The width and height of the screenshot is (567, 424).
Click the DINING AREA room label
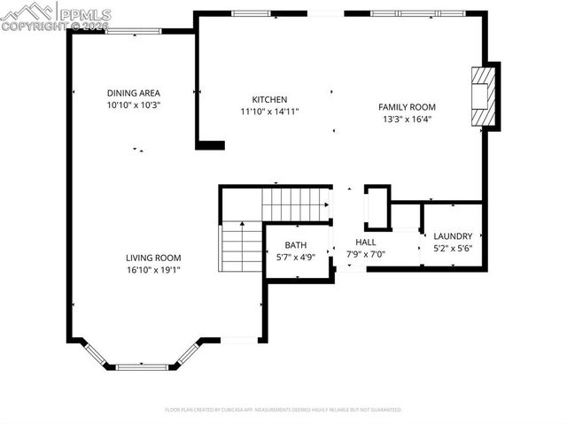[x=133, y=93]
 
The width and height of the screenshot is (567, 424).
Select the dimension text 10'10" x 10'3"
[x=133, y=104]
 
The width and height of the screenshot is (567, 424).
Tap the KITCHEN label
[x=269, y=100]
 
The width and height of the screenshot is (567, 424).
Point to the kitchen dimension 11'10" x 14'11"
[x=269, y=112]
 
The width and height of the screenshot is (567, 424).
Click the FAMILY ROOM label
[x=408, y=107]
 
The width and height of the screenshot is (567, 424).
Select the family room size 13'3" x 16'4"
[x=408, y=119]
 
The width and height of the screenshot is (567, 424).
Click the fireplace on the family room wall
[x=484, y=96]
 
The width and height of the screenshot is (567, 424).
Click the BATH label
[x=296, y=245]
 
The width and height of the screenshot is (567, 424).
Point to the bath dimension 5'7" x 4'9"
[x=296, y=257]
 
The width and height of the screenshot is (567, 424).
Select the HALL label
[x=366, y=242]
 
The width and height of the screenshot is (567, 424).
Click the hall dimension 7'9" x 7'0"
[x=366, y=253]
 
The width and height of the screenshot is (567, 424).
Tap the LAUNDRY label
[x=453, y=236]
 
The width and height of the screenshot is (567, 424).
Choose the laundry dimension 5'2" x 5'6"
[x=453, y=248]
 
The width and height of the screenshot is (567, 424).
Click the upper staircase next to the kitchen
[x=296, y=204]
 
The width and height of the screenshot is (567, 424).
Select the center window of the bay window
[x=142, y=366]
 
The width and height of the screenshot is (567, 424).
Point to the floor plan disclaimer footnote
[x=283, y=410]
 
